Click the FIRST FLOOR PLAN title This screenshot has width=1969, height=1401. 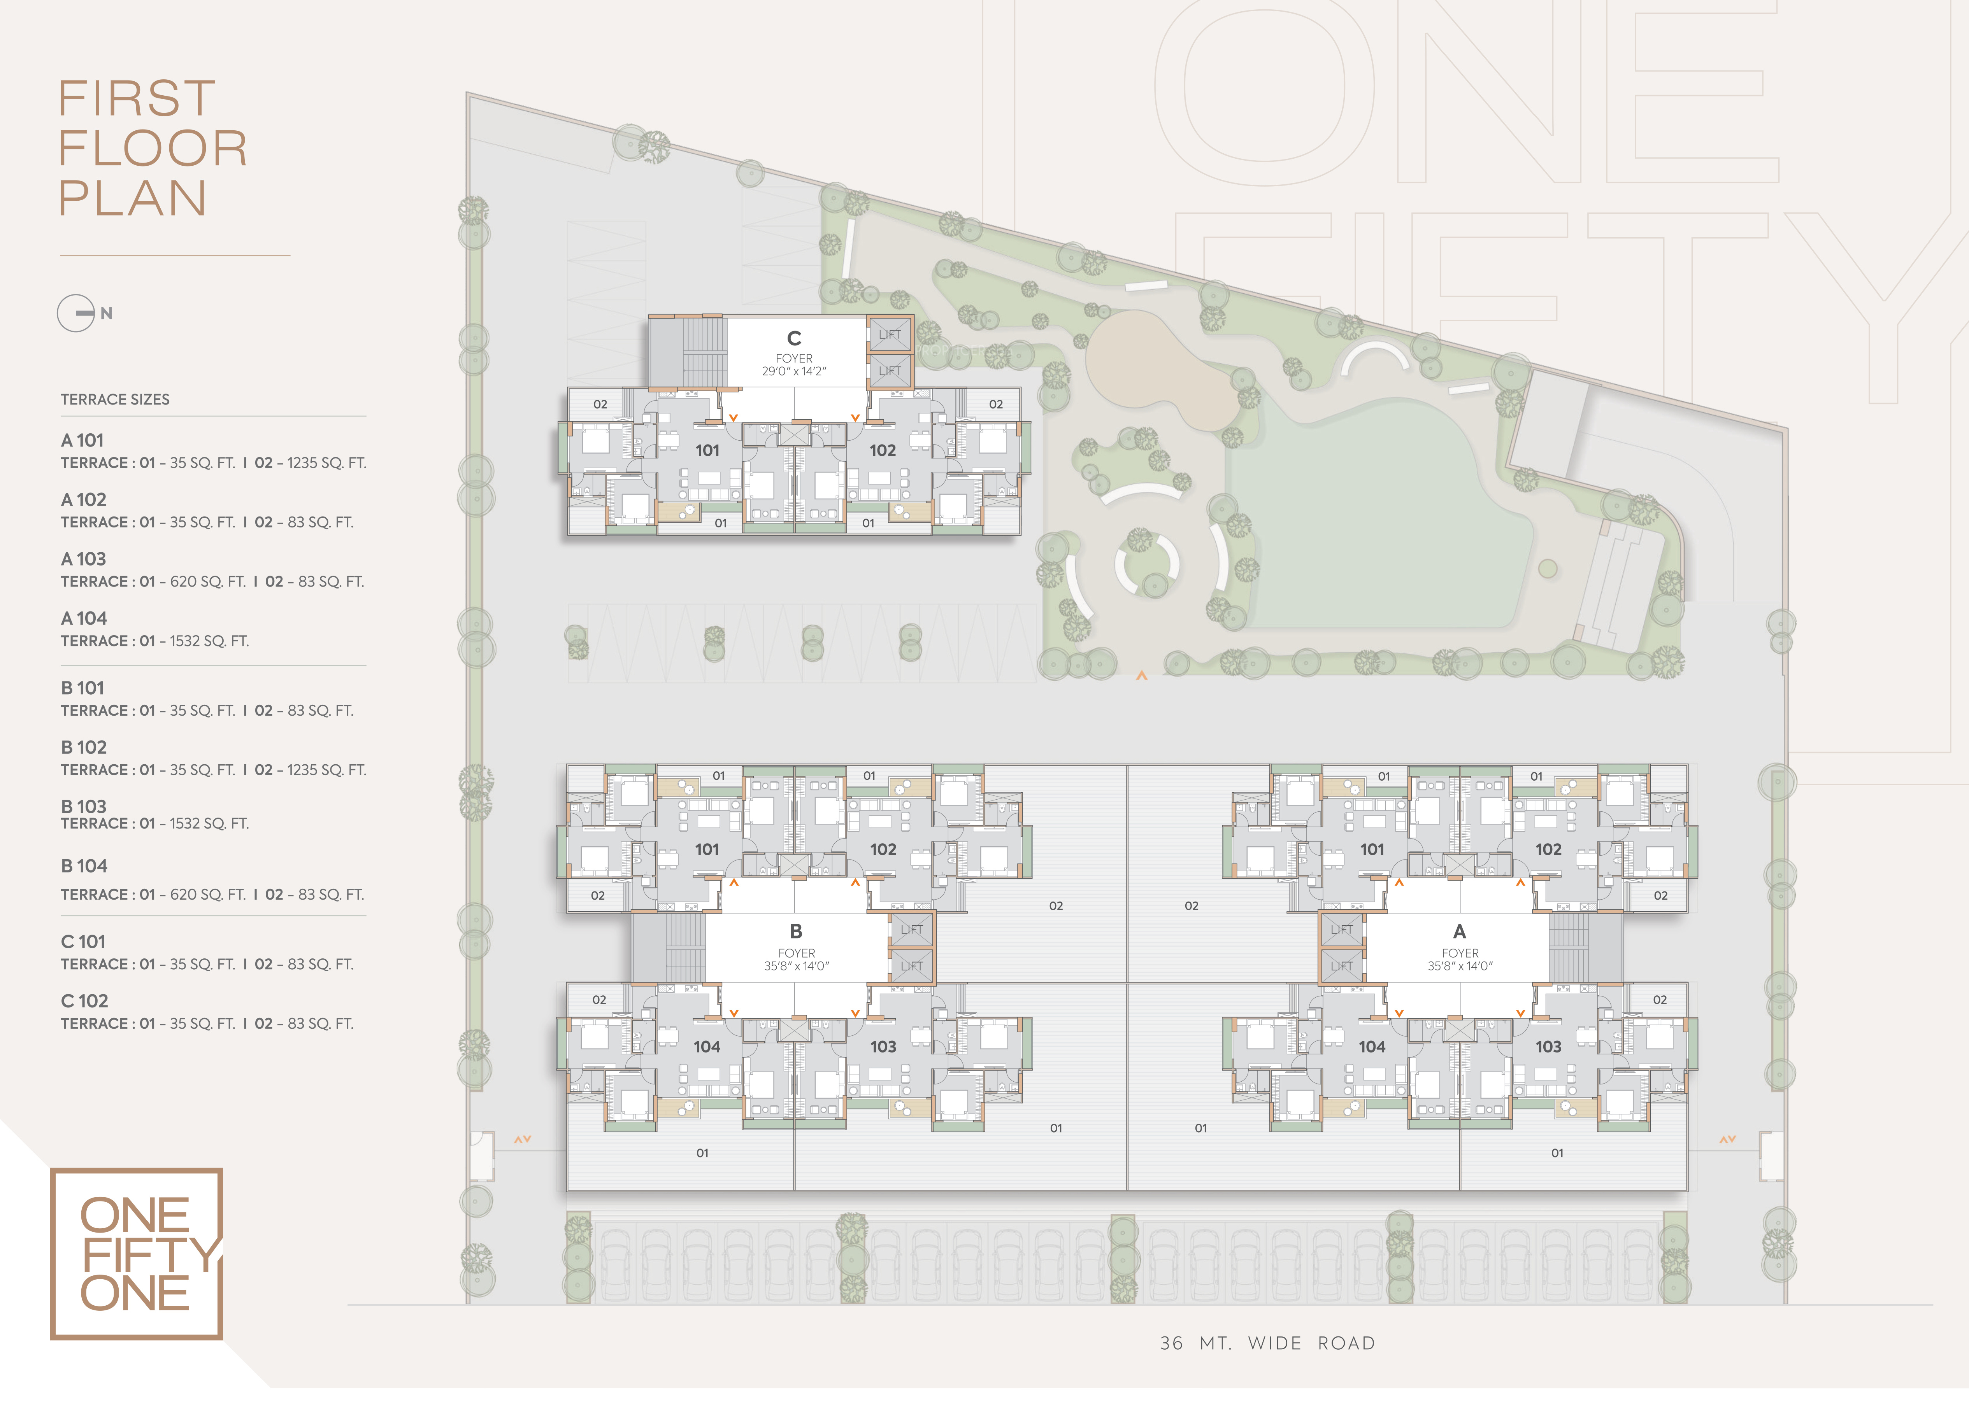coord(153,147)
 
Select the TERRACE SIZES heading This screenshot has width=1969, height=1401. coord(115,399)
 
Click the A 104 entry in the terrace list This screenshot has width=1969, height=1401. coord(84,618)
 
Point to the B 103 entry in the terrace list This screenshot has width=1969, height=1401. coord(84,807)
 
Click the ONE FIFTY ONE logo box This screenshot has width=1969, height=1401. coord(136,1254)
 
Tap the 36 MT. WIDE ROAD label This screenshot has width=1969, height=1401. coord(1267,1343)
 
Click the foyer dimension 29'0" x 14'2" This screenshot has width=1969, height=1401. coord(794,371)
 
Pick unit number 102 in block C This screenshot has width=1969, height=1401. coord(883,450)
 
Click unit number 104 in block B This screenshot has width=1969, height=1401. coord(707,1046)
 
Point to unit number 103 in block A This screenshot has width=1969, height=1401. coord(1548,1046)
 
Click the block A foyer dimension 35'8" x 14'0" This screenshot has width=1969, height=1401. coord(1460,966)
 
